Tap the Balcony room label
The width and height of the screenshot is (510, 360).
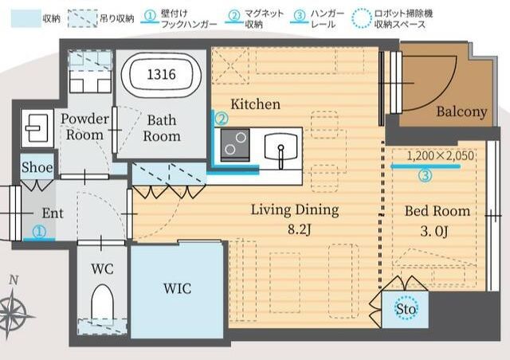tap(461, 112)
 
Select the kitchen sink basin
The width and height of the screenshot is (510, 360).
tap(280, 146)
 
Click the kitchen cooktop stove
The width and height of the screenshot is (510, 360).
tap(235, 145)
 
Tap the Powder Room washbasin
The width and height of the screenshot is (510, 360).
tap(36, 127)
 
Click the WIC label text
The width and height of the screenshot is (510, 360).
tap(176, 288)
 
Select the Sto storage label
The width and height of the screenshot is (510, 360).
tap(406, 308)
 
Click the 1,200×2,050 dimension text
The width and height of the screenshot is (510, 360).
tap(440, 156)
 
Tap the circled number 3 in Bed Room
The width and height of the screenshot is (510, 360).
tap(426, 176)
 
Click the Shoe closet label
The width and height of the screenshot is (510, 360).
tap(37, 168)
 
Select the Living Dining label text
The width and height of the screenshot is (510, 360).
tap(295, 210)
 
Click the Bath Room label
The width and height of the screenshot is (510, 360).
tap(162, 127)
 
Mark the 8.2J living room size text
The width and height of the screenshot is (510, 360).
tap(294, 230)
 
